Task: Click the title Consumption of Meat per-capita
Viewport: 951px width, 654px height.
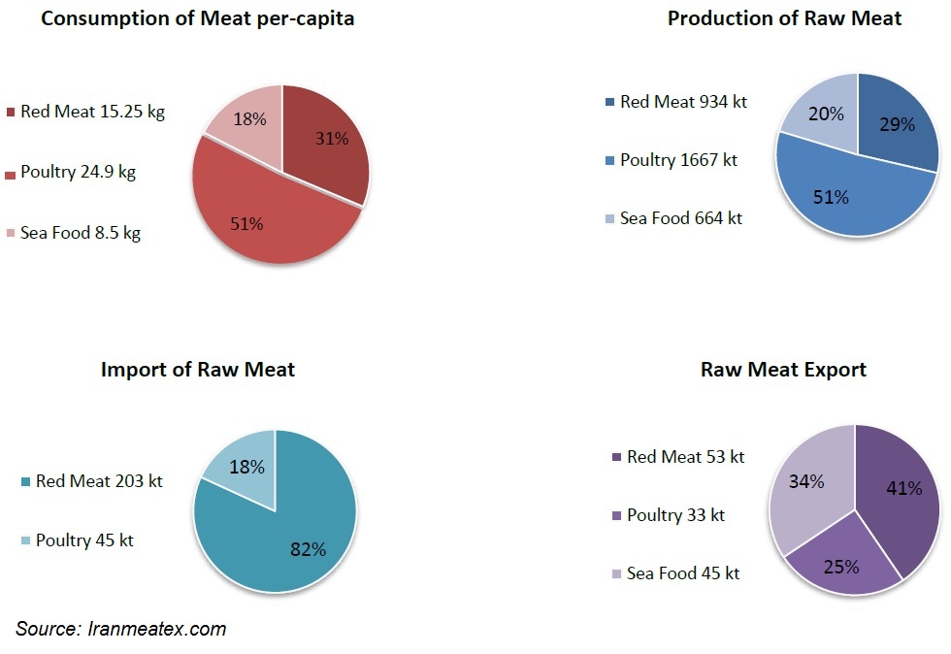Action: [x=197, y=19]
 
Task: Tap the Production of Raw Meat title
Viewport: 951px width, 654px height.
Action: [x=784, y=18]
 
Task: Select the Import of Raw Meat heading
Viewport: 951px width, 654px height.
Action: [x=198, y=370]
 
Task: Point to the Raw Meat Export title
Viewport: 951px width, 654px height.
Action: [x=783, y=370]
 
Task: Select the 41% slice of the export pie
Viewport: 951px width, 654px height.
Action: [x=898, y=495]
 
